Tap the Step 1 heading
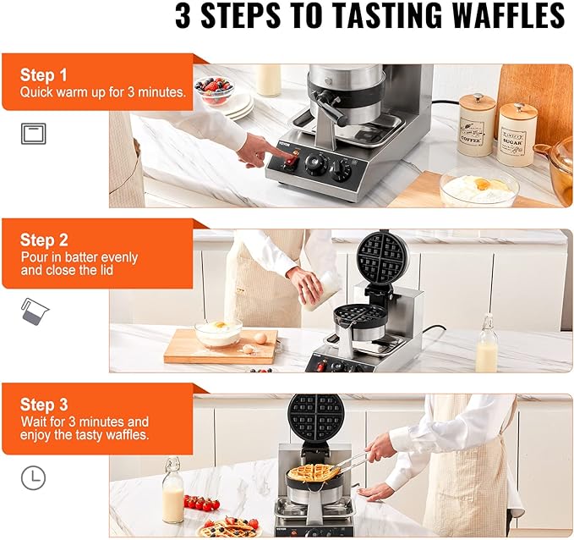click(43, 75)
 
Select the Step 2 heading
click(43, 240)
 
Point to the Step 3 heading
click(43, 405)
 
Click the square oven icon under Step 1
click(33, 134)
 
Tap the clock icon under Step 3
click(33, 478)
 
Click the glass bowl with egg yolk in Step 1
click(478, 187)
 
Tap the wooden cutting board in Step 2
click(220, 347)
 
